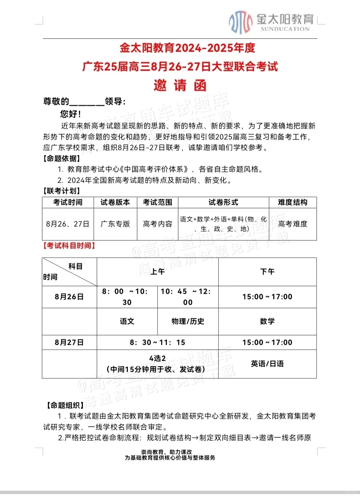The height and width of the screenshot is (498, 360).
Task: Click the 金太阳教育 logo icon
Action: [x=240, y=22]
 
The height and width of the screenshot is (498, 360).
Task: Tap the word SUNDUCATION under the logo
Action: [x=285, y=29]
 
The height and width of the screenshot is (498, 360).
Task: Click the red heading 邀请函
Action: [x=180, y=86]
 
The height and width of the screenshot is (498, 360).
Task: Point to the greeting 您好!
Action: [x=70, y=114]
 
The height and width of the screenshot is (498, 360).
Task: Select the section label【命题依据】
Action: [x=62, y=158]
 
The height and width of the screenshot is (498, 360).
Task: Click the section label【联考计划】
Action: [x=62, y=191]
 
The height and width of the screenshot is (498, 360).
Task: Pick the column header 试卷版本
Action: [x=115, y=202]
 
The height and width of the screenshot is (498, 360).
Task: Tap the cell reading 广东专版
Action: [x=115, y=224]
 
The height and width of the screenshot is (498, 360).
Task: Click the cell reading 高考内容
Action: [x=157, y=224]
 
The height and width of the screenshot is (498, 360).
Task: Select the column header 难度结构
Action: [x=293, y=202]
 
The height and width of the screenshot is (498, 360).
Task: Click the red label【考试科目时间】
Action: [x=69, y=246]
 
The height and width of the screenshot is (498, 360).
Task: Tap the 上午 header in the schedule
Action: [x=157, y=272]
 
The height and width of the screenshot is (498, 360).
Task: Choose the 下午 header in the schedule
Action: [x=267, y=272]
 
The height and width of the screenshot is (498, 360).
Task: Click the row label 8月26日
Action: [x=69, y=297]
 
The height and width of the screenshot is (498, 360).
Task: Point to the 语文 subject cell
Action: [x=127, y=321]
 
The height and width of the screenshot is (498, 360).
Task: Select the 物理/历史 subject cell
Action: [x=188, y=321]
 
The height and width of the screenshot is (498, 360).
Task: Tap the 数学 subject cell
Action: [x=267, y=321]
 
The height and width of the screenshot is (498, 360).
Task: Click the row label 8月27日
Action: [x=69, y=342]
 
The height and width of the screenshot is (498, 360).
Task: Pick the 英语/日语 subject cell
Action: [x=267, y=364]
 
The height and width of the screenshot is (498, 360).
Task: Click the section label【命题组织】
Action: [x=65, y=405]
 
